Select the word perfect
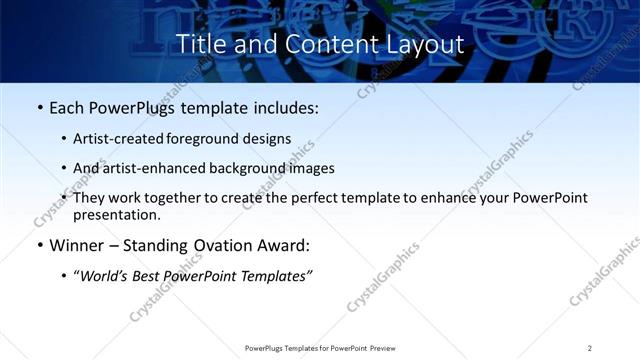285,198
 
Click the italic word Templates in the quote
276,277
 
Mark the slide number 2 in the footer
589,348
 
